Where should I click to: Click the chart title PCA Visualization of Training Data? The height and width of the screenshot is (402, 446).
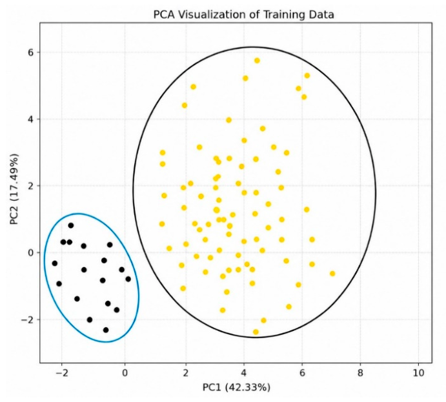click(x=243, y=14)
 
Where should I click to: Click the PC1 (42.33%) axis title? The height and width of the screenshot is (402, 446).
click(x=236, y=387)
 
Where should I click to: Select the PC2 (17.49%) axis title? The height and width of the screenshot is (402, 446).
click(x=14, y=189)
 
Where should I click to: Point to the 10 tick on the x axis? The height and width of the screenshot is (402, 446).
click(x=418, y=373)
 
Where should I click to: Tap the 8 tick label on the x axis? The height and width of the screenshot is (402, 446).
click(x=360, y=373)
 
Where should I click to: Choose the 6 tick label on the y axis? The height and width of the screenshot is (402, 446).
click(x=30, y=52)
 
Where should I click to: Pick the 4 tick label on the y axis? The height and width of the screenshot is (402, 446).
click(x=30, y=119)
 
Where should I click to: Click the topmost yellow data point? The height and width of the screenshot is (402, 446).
click(x=257, y=61)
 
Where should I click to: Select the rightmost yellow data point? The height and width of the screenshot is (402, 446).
click(x=332, y=274)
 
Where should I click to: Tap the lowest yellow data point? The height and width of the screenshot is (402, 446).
click(x=256, y=332)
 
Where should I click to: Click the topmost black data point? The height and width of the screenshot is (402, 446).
click(x=71, y=225)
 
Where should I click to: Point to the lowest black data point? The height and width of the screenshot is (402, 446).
click(x=106, y=330)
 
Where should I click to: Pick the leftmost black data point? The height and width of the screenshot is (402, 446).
click(x=55, y=263)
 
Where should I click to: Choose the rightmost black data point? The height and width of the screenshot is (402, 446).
click(x=128, y=279)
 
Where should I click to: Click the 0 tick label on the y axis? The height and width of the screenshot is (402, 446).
click(x=30, y=253)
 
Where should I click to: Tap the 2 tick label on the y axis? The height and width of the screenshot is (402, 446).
click(x=30, y=186)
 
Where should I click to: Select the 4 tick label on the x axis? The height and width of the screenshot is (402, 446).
click(x=244, y=373)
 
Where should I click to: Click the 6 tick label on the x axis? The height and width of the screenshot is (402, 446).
click(x=302, y=373)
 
